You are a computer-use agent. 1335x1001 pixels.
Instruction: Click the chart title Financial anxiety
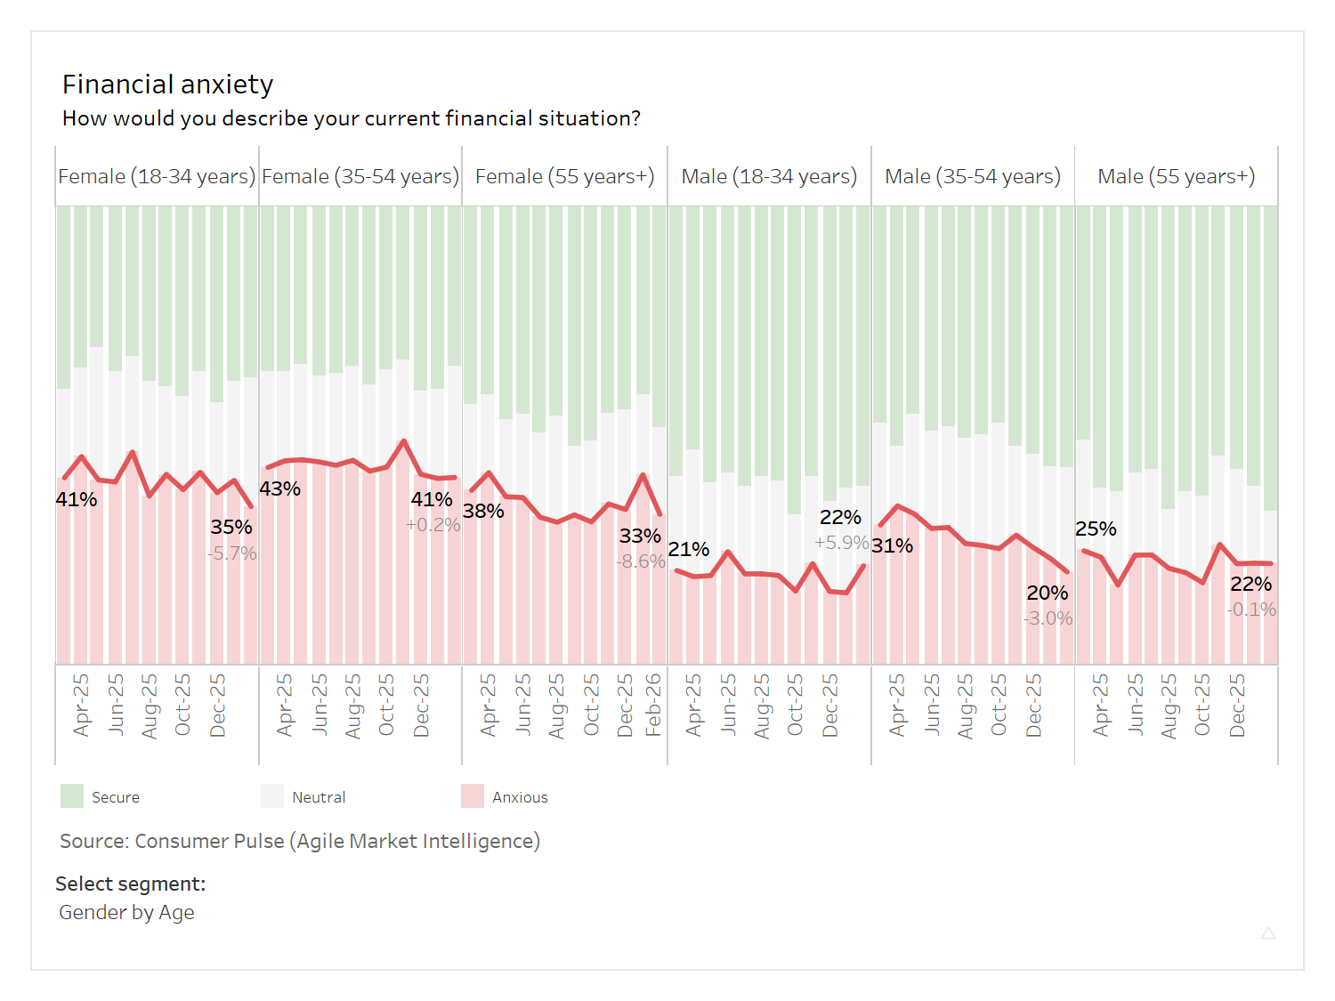pos(167,85)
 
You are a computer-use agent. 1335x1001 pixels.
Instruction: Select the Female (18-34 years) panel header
pos(157,176)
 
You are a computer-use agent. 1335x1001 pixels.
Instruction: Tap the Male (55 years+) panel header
pos(1176,176)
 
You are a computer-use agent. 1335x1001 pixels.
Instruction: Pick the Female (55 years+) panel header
pos(564,176)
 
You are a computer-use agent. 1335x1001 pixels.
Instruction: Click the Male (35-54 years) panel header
pos(972,176)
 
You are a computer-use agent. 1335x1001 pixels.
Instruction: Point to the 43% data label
pos(279,489)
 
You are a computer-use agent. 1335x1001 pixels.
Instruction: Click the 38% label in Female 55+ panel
pos(483,512)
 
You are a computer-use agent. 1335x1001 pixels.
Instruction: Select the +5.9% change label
pos(841,543)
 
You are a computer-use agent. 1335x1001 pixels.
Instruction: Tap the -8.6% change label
pos(641,561)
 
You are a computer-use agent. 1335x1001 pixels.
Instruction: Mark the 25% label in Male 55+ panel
pos(1096,529)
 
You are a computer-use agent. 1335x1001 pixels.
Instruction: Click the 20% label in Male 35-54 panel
pos(1047,593)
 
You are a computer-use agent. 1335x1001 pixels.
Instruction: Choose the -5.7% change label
pos(232,553)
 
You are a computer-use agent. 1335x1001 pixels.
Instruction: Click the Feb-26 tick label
pos(653,705)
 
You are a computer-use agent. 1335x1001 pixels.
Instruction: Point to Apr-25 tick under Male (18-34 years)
pos(693,705)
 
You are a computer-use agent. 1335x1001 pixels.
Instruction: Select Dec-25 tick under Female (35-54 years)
pos(421,705)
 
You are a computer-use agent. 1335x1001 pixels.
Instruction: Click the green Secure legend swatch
pos(72,796)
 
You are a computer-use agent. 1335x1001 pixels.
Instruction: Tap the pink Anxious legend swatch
pos(473,796)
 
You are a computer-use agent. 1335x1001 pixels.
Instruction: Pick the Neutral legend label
pos(319,797)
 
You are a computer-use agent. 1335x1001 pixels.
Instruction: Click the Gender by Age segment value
pos(126,913)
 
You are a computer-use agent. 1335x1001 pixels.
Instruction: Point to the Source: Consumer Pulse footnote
pos(300,841)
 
